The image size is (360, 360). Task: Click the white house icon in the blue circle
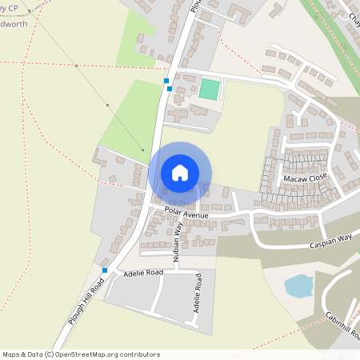180,172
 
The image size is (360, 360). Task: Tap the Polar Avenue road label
186,215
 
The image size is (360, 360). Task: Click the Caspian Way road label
332,239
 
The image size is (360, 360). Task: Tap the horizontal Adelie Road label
132,273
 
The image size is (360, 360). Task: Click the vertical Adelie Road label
196,296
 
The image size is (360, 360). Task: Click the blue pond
298,286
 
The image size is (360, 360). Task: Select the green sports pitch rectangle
209,89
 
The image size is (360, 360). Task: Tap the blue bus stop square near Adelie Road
104,270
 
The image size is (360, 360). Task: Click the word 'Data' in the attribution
38,354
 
